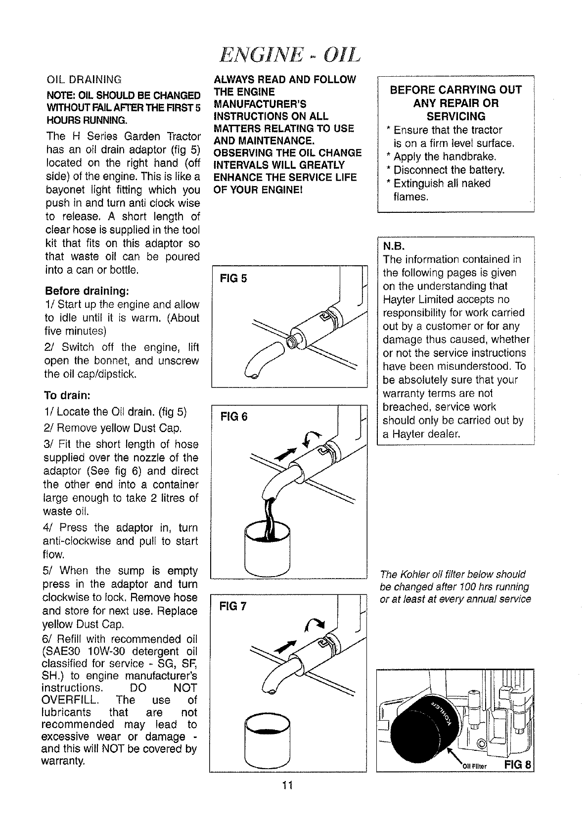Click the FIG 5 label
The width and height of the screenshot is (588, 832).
point(233,278)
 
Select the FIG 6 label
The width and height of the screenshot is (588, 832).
point(234,417)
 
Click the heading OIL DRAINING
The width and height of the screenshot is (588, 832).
point(83,80)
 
